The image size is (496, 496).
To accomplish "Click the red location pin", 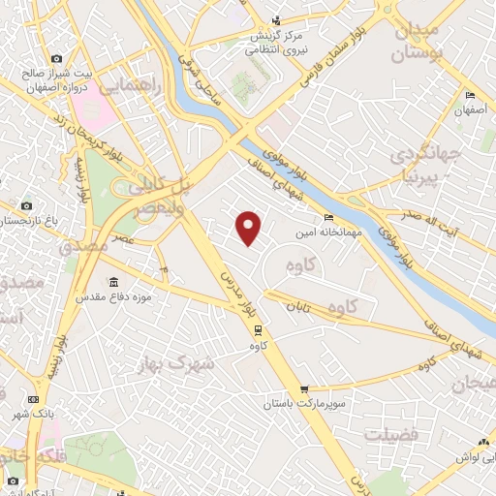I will tap(250, 227).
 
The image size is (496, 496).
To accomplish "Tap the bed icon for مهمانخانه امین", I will tap(328, 218).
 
